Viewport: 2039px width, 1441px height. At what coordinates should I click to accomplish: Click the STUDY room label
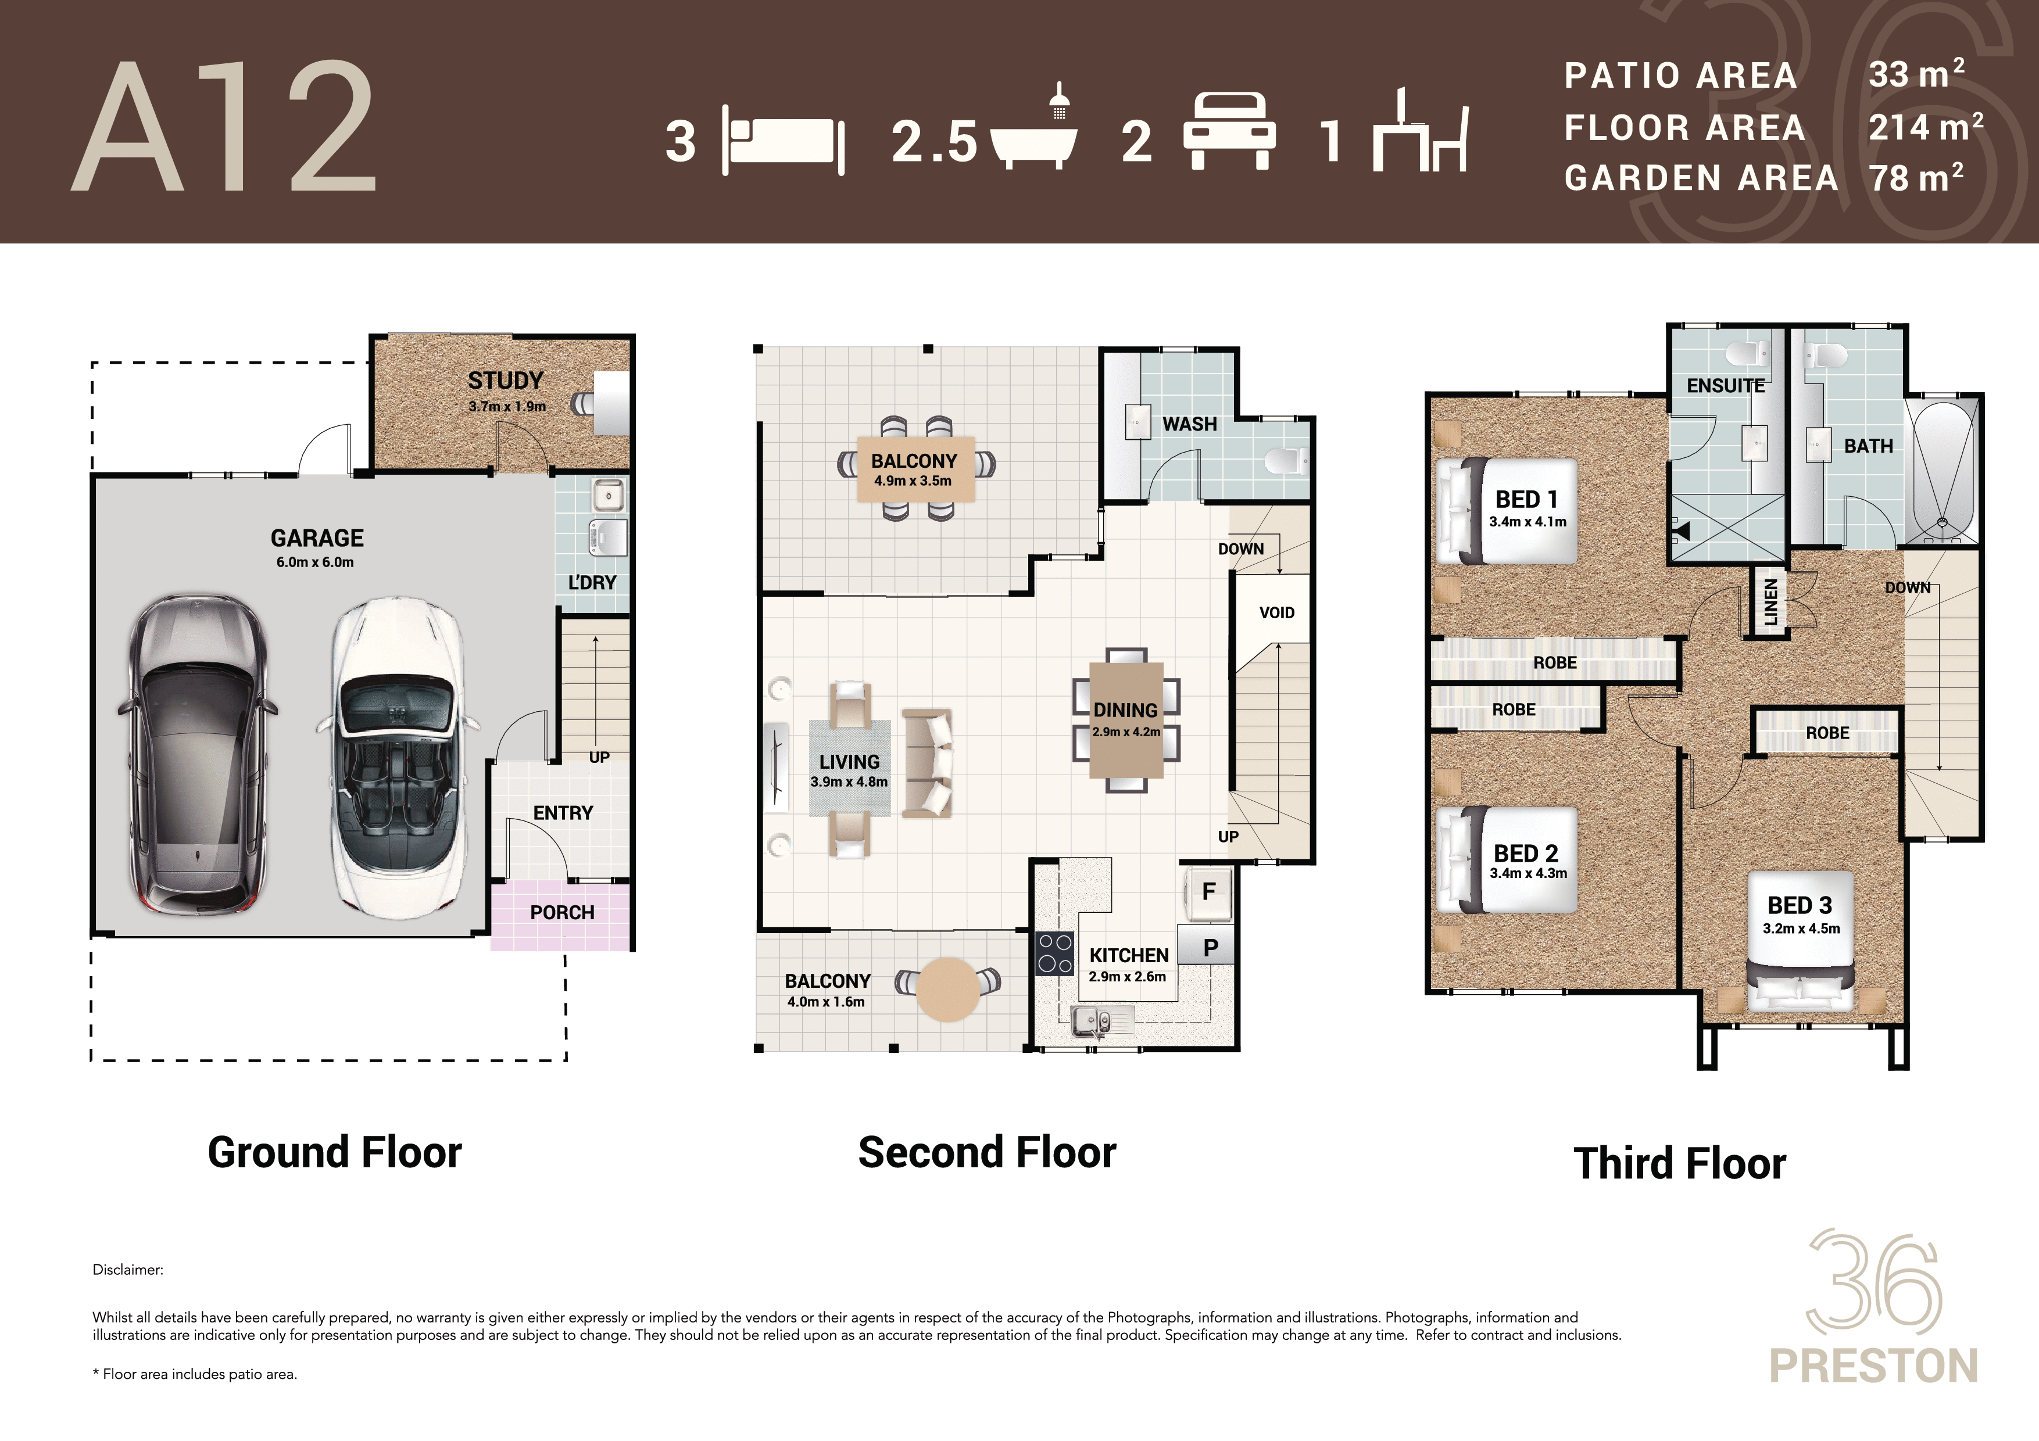point(505,381)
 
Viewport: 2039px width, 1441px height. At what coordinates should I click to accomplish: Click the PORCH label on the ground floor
point(562,913)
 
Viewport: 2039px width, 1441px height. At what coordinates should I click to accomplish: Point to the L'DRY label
point(592,582)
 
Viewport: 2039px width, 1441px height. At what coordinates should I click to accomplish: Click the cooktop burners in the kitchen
point(1055,954)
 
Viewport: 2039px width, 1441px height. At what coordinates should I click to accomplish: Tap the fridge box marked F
point(1208,892)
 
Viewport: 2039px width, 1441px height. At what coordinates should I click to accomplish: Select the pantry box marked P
point(1208,948)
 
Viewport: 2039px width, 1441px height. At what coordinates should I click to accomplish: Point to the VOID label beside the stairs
point(1277,612)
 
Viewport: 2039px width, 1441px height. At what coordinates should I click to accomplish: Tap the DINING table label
point(1125,710)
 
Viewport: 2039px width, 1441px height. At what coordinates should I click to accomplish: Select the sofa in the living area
point(927,763)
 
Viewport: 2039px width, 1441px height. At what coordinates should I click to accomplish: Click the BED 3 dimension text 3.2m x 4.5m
point(1801,929)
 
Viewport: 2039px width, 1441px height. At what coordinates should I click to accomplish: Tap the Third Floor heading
point(1679,1163)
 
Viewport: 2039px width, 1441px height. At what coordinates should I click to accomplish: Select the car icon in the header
point(1229,131)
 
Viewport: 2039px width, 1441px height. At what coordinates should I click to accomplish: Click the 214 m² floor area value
point(1925,127)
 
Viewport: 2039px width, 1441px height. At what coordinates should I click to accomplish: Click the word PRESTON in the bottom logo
point(1874,1365)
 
